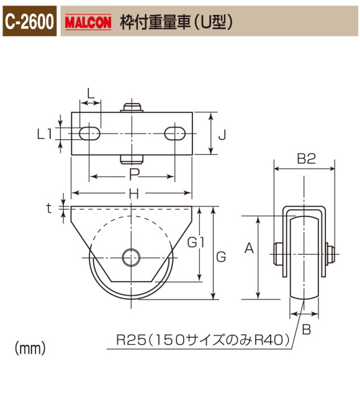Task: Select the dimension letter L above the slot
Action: click(x=91, y=94)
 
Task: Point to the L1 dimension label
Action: click(x=45, y=133)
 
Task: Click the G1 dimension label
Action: click(x=196, y=243)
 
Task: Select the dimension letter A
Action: click(x=250, y=249)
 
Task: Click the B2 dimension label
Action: click(x=306, y=159)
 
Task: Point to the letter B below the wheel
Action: click(x=306, y=330)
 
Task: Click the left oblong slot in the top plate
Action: click(x=90, y=133)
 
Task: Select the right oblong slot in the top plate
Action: click(x=176, y=133)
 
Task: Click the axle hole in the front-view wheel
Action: click(x=132, y=256)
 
